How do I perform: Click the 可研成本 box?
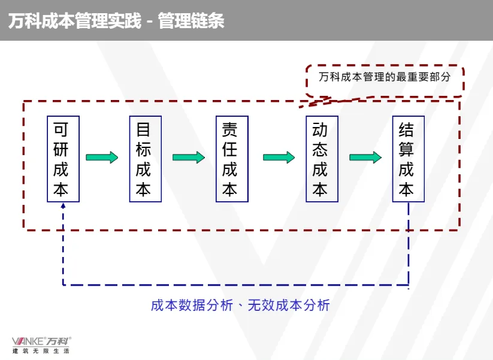point(63,159)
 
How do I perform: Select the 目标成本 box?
point(145,159)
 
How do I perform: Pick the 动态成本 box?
point(321,159)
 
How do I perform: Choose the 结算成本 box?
point(408,159)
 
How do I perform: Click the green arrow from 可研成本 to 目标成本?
point(102,158)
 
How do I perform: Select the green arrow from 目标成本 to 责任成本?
point(189,158)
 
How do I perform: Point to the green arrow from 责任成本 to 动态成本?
point(279,158)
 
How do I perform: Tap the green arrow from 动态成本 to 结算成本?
point(365,158)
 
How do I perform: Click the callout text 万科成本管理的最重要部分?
point(384,78)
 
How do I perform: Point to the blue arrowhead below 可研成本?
point(63,206)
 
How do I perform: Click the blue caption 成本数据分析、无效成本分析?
point(240,305)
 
